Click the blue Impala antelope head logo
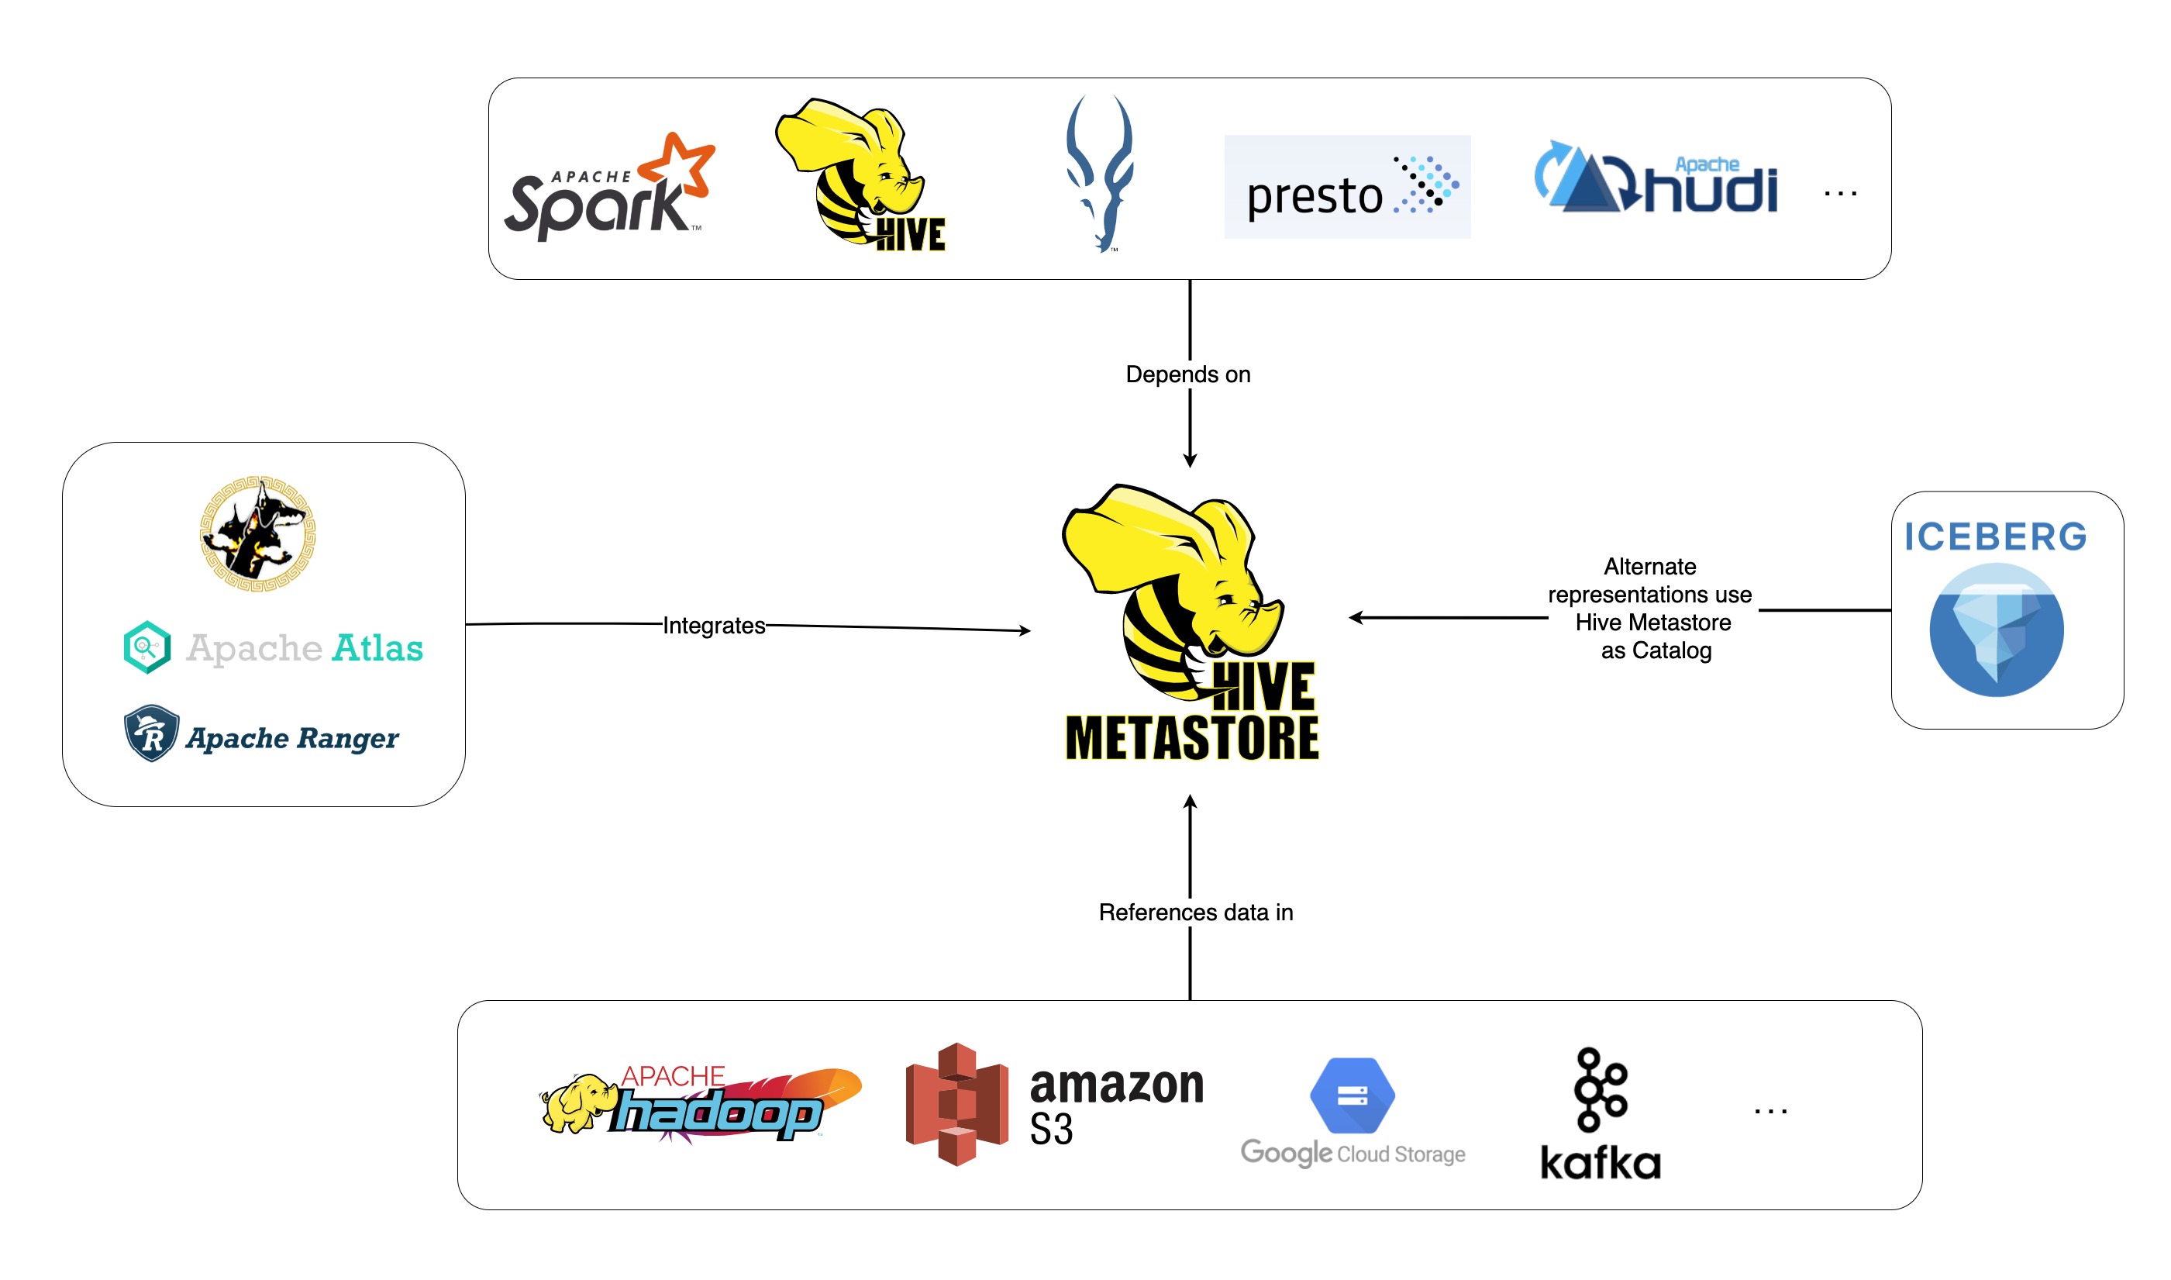(x=1098, y=173)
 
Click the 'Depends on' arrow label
(x=1187, y=374)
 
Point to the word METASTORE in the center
(x=1191, y=738)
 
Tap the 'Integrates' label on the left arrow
(x=713, y=626)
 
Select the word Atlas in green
(x=377, y=648)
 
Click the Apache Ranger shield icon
(x=151, y=733)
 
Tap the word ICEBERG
(x=1994, y=536)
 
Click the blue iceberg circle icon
(x=1995, y=630)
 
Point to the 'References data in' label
(x=1195, y=913)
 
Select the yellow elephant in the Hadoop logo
(x=576, y=1102)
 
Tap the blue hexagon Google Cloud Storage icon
(x=1351, y=1095)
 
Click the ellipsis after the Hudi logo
(x=1839, y=194)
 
